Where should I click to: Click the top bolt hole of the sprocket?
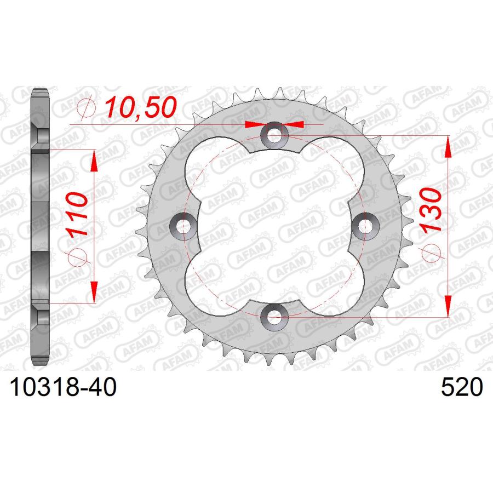274,135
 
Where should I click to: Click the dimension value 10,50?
141,107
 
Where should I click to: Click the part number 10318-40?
63,387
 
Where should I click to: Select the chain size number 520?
462,387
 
